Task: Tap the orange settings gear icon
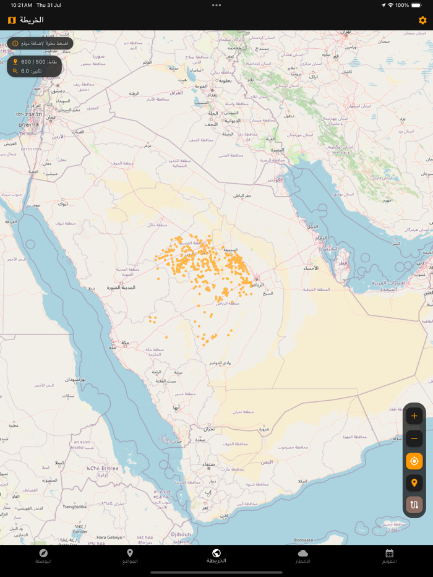coord(422,20)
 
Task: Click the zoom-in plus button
coord(414,416)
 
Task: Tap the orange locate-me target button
coord(414,461)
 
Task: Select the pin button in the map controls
coord(414,483)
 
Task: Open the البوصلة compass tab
coord(43,556)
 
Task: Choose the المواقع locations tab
coord(130,556)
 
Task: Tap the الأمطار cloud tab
coord(303,556)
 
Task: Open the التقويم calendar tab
coord(389,556)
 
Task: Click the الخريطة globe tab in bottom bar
coord(216,556)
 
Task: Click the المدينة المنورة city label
coord(121,288)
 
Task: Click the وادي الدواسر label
coord(220,362)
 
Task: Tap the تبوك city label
coord(63,203)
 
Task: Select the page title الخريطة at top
coord(32,20)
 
